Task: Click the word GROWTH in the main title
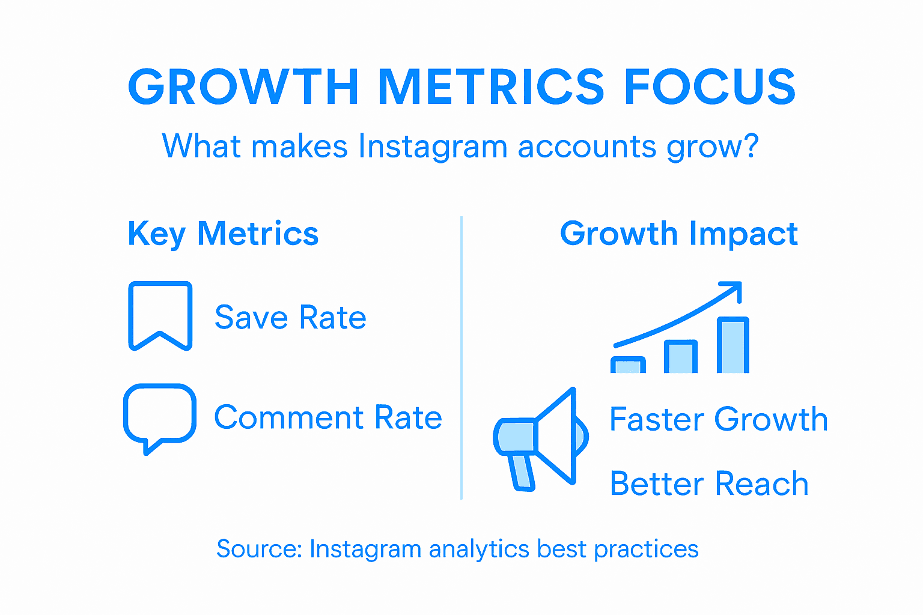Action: tap(243, 86)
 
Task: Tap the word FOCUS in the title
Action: tap(710, 86)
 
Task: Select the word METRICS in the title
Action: tap(491, 86)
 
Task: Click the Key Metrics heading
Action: tap(223, 234)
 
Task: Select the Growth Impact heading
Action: tap(678, 234)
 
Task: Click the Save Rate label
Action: tap(290, 317)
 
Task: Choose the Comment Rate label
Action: tap(328, 417)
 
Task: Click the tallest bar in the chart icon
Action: tap(733, 346)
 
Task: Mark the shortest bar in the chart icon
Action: tap(628, 365)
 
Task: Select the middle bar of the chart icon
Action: tap(681, 357)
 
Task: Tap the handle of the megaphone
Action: tap(522, 472)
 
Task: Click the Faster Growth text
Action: tap(719, 419)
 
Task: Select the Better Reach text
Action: tap(709, 484)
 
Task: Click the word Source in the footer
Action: tap(259, 549)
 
